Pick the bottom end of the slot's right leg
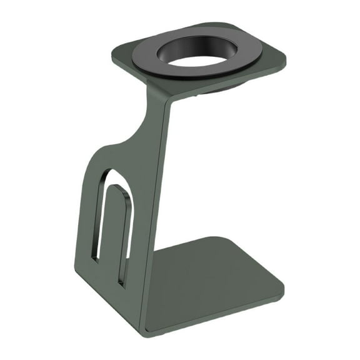tap(124, 284)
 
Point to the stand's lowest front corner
tap(145, 332)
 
